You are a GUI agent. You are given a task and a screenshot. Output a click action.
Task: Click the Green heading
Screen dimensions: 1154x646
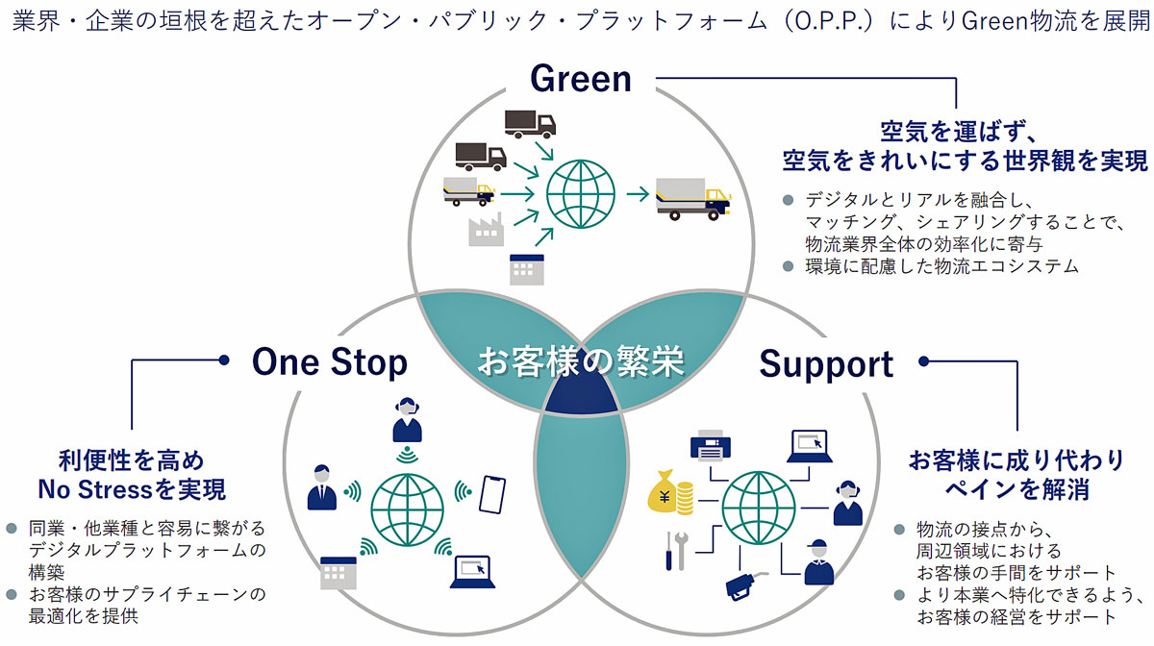click(x=581, y=80)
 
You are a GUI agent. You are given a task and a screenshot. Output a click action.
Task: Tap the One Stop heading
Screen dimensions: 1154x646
click(x=330, y=363)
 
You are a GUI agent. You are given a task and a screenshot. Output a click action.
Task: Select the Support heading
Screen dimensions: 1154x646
click(x=826, y=364)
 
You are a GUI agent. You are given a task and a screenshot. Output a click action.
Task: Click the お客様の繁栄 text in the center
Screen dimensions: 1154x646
click(x=581, y=361)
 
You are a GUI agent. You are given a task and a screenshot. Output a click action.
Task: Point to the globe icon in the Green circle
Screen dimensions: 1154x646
click(x=581, y=194)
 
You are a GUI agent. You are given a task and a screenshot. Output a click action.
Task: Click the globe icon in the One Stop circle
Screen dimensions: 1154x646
click(x=407, y=510)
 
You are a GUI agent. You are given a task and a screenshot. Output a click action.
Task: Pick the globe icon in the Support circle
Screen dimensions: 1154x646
click(x=759, y=508)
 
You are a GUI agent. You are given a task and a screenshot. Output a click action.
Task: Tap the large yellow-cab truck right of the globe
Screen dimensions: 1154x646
click(x=693, y=199)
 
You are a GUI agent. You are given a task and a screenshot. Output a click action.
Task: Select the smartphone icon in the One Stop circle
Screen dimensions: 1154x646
click(x=492, y=495)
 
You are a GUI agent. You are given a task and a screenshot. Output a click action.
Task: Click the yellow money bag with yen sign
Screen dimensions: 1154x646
click(x=670, y=492)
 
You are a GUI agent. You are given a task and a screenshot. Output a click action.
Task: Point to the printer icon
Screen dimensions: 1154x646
click(x=711, y=444)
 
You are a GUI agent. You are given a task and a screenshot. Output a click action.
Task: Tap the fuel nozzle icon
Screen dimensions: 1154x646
click(x=744, y=585)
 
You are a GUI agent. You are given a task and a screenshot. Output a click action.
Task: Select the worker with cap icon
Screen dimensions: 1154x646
click(x=818, y=562)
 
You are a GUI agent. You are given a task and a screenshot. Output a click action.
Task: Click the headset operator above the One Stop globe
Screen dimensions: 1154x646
click(x=407, y=420)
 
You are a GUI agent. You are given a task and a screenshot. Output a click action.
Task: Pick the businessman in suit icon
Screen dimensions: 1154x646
click(x=321, y=487)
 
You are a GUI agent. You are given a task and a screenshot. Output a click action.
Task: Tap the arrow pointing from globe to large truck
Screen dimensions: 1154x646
click(x=638, y=194)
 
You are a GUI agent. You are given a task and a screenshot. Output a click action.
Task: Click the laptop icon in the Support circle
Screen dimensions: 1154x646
click(x=810, y=447)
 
